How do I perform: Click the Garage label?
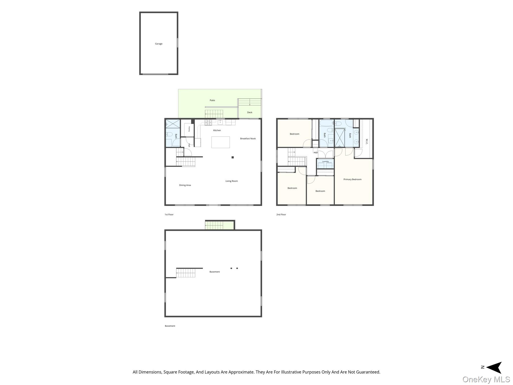click(x=159, y=44)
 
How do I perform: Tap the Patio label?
click(x=212, y=100)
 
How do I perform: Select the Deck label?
click(x=250, y=112)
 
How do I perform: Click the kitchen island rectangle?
click(x=220, y=142)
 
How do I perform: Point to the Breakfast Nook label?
click(x=248, y=139)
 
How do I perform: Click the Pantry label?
click(x=189, y=129)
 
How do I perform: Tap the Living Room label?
click(x=231, y=181)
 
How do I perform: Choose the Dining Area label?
click(x=185, y=185)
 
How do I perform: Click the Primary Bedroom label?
click(x=352, y=179)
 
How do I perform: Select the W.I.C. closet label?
click(x=367, y=141)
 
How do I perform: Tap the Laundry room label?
click(x=325, y=161)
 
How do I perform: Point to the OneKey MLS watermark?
click(x=486, y=379)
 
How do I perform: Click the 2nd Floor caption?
click(x=281, y=215)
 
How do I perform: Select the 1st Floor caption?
click(x=169, y=215)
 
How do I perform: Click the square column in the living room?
click(x=233, y=157)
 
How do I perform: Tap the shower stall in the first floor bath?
click(x=173, y=124)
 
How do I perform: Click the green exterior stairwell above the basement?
click(x=219, y=225)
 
